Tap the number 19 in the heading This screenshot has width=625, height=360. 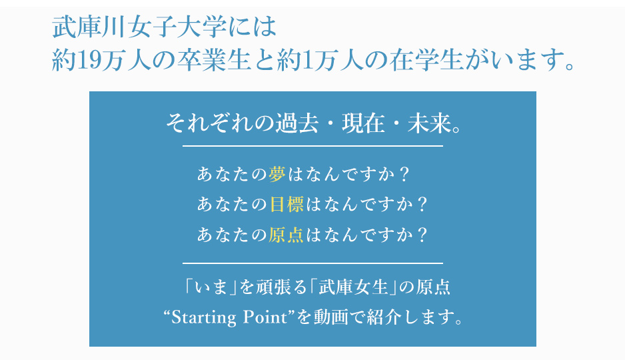tap(88, 60)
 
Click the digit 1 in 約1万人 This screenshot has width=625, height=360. tap(307, 60)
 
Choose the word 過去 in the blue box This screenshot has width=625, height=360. tap(297, 123)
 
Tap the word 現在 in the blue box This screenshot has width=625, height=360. tap(363, 123)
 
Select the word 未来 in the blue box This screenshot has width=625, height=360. tap(429, 123)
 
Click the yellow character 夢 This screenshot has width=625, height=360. tap(277, 174)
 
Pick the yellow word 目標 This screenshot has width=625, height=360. tap(287, 204)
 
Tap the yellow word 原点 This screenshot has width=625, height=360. tap(287, 235)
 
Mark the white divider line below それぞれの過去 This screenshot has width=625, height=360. tap(313, 146)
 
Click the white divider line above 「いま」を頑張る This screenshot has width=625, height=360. tap(313, 263)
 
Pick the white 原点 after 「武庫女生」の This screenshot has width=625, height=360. tap(433, 287)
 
